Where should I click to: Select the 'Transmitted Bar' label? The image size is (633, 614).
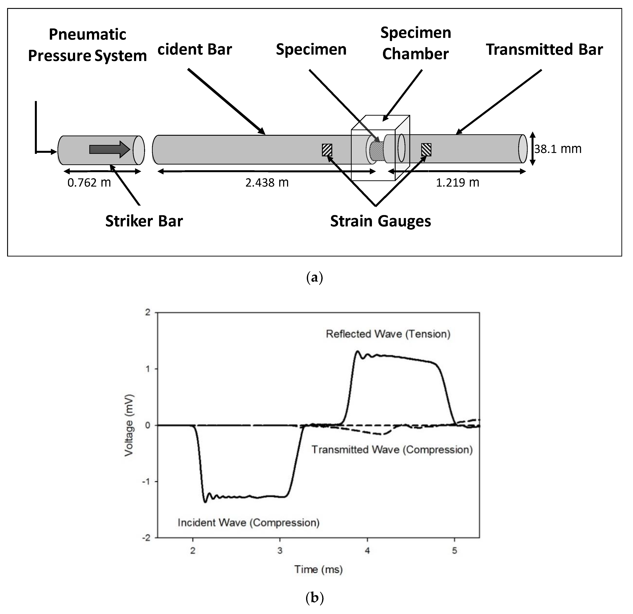coord(545,49)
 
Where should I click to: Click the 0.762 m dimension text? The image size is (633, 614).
coord(89,183)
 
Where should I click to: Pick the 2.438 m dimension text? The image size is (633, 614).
coord(267,183)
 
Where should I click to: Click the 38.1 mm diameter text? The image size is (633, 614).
coord(558,149)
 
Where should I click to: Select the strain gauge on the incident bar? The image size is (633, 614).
coord(327,150)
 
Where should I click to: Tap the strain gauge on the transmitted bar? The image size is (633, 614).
coord(426,149)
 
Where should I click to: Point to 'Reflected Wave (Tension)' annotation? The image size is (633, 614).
coord(388,334)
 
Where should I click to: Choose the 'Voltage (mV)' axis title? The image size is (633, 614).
coord(129,425)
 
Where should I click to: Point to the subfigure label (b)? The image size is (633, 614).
coord(314,598)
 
